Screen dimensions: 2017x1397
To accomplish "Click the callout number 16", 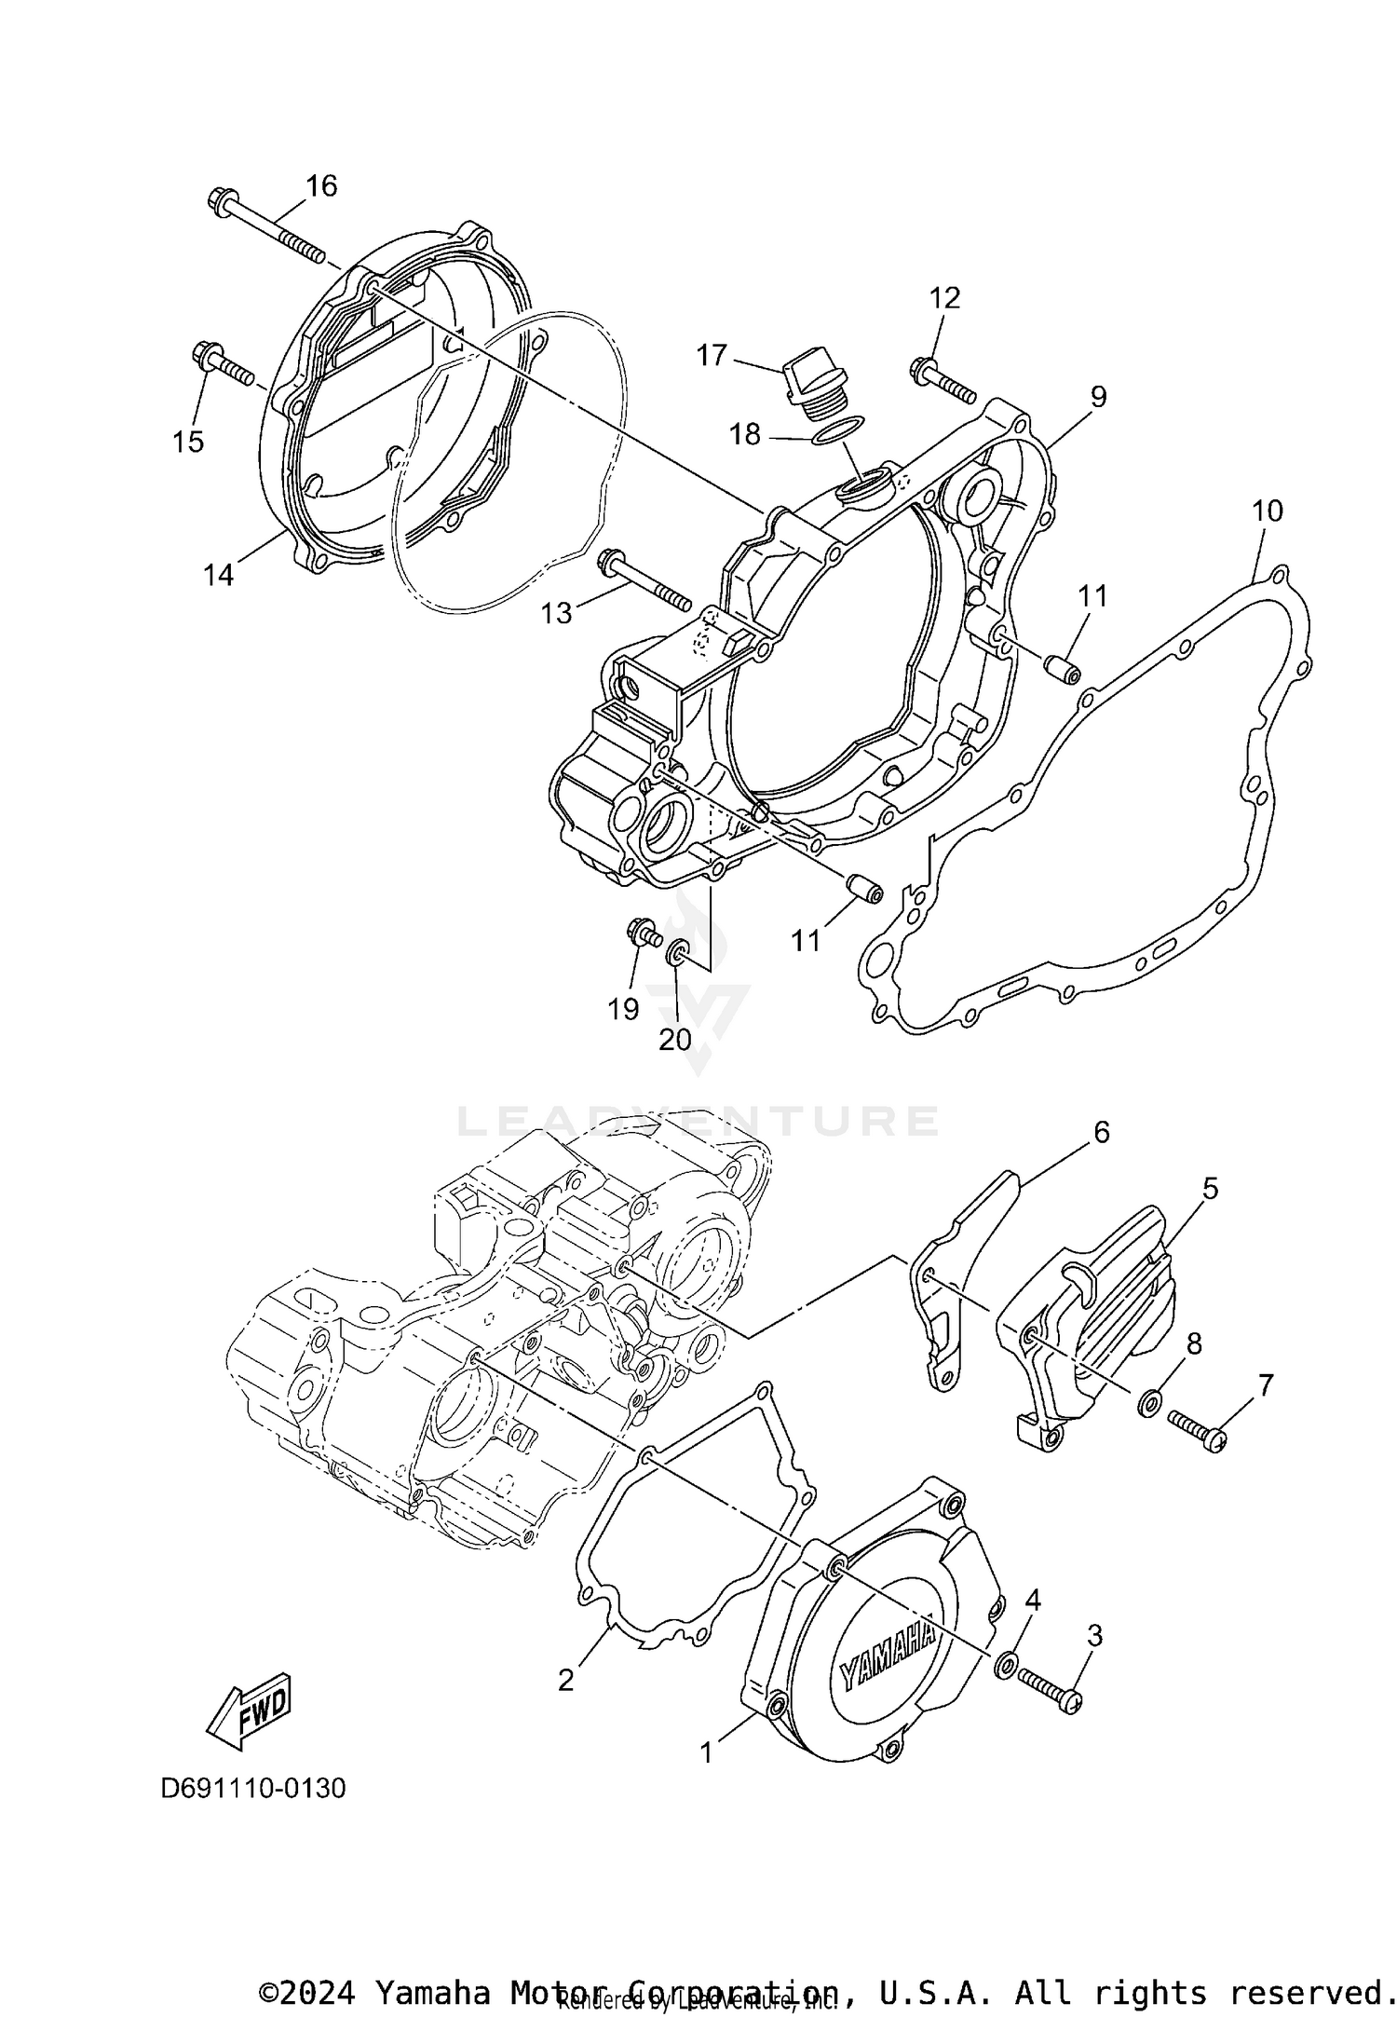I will [x=321, y=186].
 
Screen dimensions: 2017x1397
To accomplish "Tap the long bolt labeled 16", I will [x=265, y=227].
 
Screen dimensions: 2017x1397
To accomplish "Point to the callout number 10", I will [x=1267, y=511].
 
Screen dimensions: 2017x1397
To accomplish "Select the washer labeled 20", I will [x=677, y=952].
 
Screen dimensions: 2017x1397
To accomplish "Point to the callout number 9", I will [x=1099, y=397].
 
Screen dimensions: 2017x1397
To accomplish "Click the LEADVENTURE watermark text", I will [x=698, y=1121].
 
